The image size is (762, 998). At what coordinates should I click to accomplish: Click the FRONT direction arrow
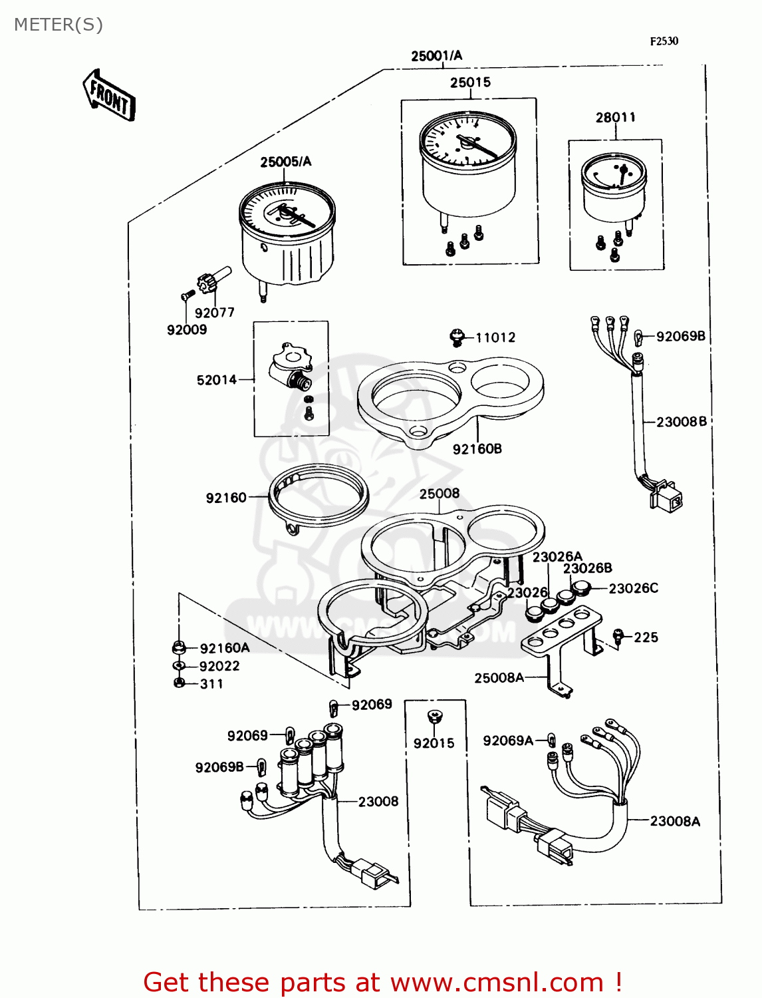point(109,96)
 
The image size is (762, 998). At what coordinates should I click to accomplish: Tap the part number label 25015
point(470,83)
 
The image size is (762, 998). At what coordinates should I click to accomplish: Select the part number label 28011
point(615,118)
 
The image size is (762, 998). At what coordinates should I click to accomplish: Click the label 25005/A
point(285,162)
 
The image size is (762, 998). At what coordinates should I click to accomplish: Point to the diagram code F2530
point(664,41)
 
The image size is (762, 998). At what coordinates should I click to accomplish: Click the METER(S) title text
point(59,25)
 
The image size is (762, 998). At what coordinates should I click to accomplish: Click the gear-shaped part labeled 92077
point(207,283)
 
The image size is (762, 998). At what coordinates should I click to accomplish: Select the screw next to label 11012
point(456,337)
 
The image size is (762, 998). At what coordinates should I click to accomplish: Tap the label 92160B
point(477,449)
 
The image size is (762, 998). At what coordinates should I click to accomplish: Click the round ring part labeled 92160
point(318,496)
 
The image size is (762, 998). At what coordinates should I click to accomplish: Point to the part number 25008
point(439,494)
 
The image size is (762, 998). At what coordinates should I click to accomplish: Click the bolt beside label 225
point(618,637)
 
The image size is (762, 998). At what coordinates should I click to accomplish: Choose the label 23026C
point(633,588)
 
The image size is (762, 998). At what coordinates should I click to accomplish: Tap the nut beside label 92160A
point(178,647)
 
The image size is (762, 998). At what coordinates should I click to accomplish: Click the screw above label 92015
point(434,717)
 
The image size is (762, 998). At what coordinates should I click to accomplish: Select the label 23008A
point(675,822)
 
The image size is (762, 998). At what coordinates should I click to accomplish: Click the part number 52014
point(217,380)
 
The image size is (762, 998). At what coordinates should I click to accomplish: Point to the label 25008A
point(499,678)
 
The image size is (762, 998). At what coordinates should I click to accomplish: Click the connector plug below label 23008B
point(666,496)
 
